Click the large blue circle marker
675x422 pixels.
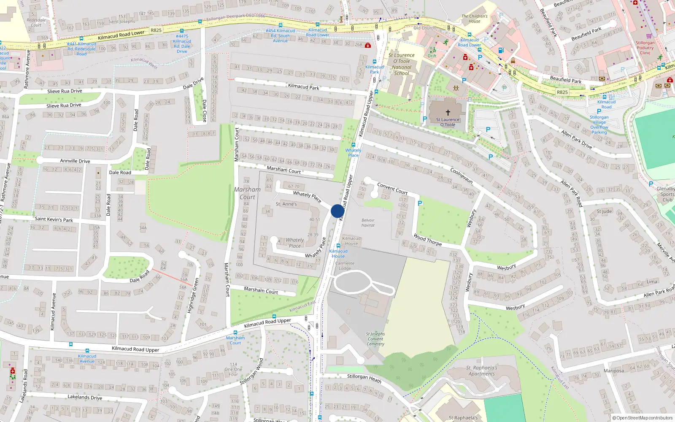click(337, 211)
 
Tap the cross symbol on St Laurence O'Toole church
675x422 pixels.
click(448, 113)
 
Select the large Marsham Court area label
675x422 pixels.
click(247, 193)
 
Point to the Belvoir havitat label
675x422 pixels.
click(368, 223)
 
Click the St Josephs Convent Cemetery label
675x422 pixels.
click(375, 339)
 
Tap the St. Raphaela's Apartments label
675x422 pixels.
click(482, 371)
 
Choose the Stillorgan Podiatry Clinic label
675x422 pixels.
click(645, 48)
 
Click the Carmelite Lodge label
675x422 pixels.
click(345, 266)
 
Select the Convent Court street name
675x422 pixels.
click(392, 189)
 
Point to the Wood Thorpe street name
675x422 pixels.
click(427, 240)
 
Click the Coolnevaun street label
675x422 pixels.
click(462, 176)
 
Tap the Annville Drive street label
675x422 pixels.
click(75, 161)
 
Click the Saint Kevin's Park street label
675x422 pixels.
click(54, 219)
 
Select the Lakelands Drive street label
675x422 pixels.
click(85, 397)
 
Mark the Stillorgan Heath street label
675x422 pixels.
click(364, 378)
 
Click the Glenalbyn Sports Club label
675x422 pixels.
click(666, 194)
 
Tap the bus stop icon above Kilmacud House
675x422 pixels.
click(338, 246)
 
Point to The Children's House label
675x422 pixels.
click(474, 19)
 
